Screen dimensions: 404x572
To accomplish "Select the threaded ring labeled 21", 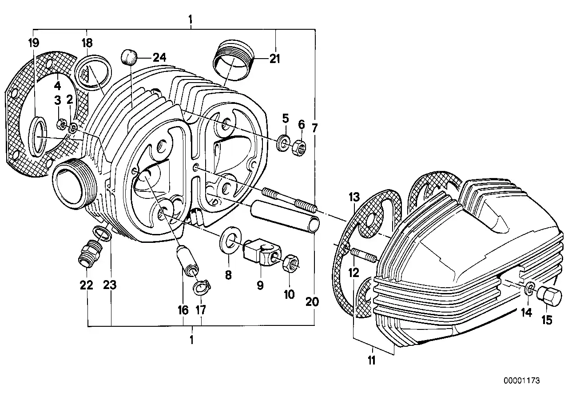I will click(x=234, y=59).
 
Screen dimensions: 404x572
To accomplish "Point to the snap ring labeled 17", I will click(x=200, y=289).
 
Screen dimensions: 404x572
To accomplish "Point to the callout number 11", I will click(x=372, y=360).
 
